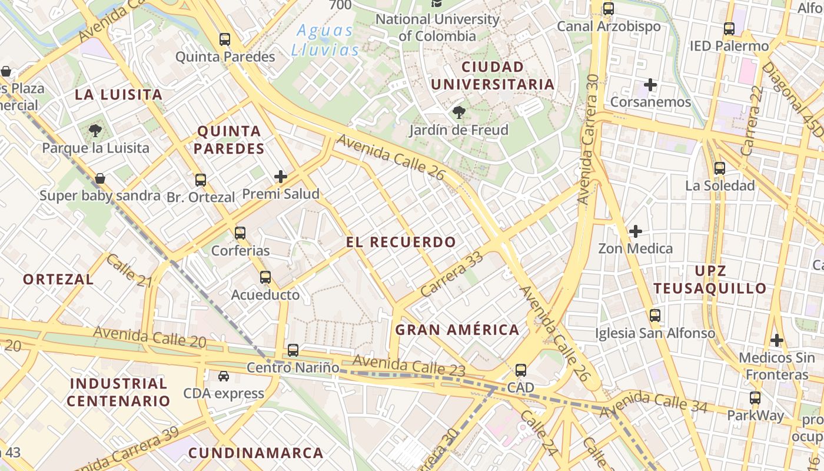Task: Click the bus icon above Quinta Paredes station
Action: pyautogui.click(x=225, y=39)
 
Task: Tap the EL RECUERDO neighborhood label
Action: pyautogui.click(x=401, y=242)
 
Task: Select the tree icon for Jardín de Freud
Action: pyautogui.click(x=458, y=112)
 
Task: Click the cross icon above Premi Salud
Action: pyautogui.click(x=281, y=176)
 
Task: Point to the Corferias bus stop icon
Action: pyautogui.click(x=240, y=233)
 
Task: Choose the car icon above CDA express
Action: pyautogui.click(x=224, y=376)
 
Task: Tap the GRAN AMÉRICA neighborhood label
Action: pyautogui.click(x=457, y=330)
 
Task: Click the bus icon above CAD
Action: pyautogui.click(x=521, y=370)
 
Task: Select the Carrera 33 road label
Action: pyautogui.click(x=451, y=274)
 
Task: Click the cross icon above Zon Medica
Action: pyautogui.click(x=636, y=231)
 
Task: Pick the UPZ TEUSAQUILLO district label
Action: pyautogui.click(x=710, y=280)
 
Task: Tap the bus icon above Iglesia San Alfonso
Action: pyautogui.click(x=655, y=316)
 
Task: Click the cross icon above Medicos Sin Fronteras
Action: pyautogui.click(x=777, y=340)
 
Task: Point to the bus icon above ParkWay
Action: pyautogui.click(x=755, y=398)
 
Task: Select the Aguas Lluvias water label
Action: pyautogui.click(x=325, y=40)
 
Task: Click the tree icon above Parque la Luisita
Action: pyautogui.click(x=95, y=130)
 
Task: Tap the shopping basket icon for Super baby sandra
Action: pyautogui.click(x=100, y=178)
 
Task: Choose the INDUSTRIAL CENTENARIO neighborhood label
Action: pyautogui.click(x=118, y=393)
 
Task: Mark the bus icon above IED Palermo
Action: pyautogui.click(x=729, y=28)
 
